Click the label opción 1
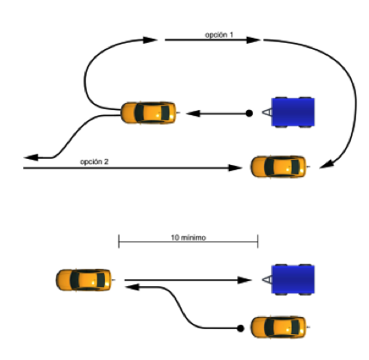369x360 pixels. (x=219, y=34)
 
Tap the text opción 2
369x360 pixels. (x=95, y=162)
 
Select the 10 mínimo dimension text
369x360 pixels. (x=188, y=238)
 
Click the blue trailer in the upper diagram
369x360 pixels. (x=292, y=112)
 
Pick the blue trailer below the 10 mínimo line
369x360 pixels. (x=292, y=279)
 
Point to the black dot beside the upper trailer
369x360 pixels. (x=249, y=113)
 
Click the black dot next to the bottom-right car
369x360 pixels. (x=241, y=328)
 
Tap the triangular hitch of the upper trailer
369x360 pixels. (x=267, y=113)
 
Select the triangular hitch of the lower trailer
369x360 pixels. (x=267, y=279)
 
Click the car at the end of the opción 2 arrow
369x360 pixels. (x=279, y=167)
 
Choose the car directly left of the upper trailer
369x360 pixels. (x=149, y=113)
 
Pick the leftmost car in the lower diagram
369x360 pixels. (x=83, y=280)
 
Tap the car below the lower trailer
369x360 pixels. (x=279, y=327)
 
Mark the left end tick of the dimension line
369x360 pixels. (x=119, y=241)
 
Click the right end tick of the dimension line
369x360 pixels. (x=258, y=241)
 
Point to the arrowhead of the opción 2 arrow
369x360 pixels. (x=236, y=168)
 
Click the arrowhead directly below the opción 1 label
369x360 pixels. (x=254, y=40)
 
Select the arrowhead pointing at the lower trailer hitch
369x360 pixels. (x=245, y=280)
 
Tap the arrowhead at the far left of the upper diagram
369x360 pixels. (x=31, y=157)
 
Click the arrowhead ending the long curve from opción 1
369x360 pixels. (x=326, y=164)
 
